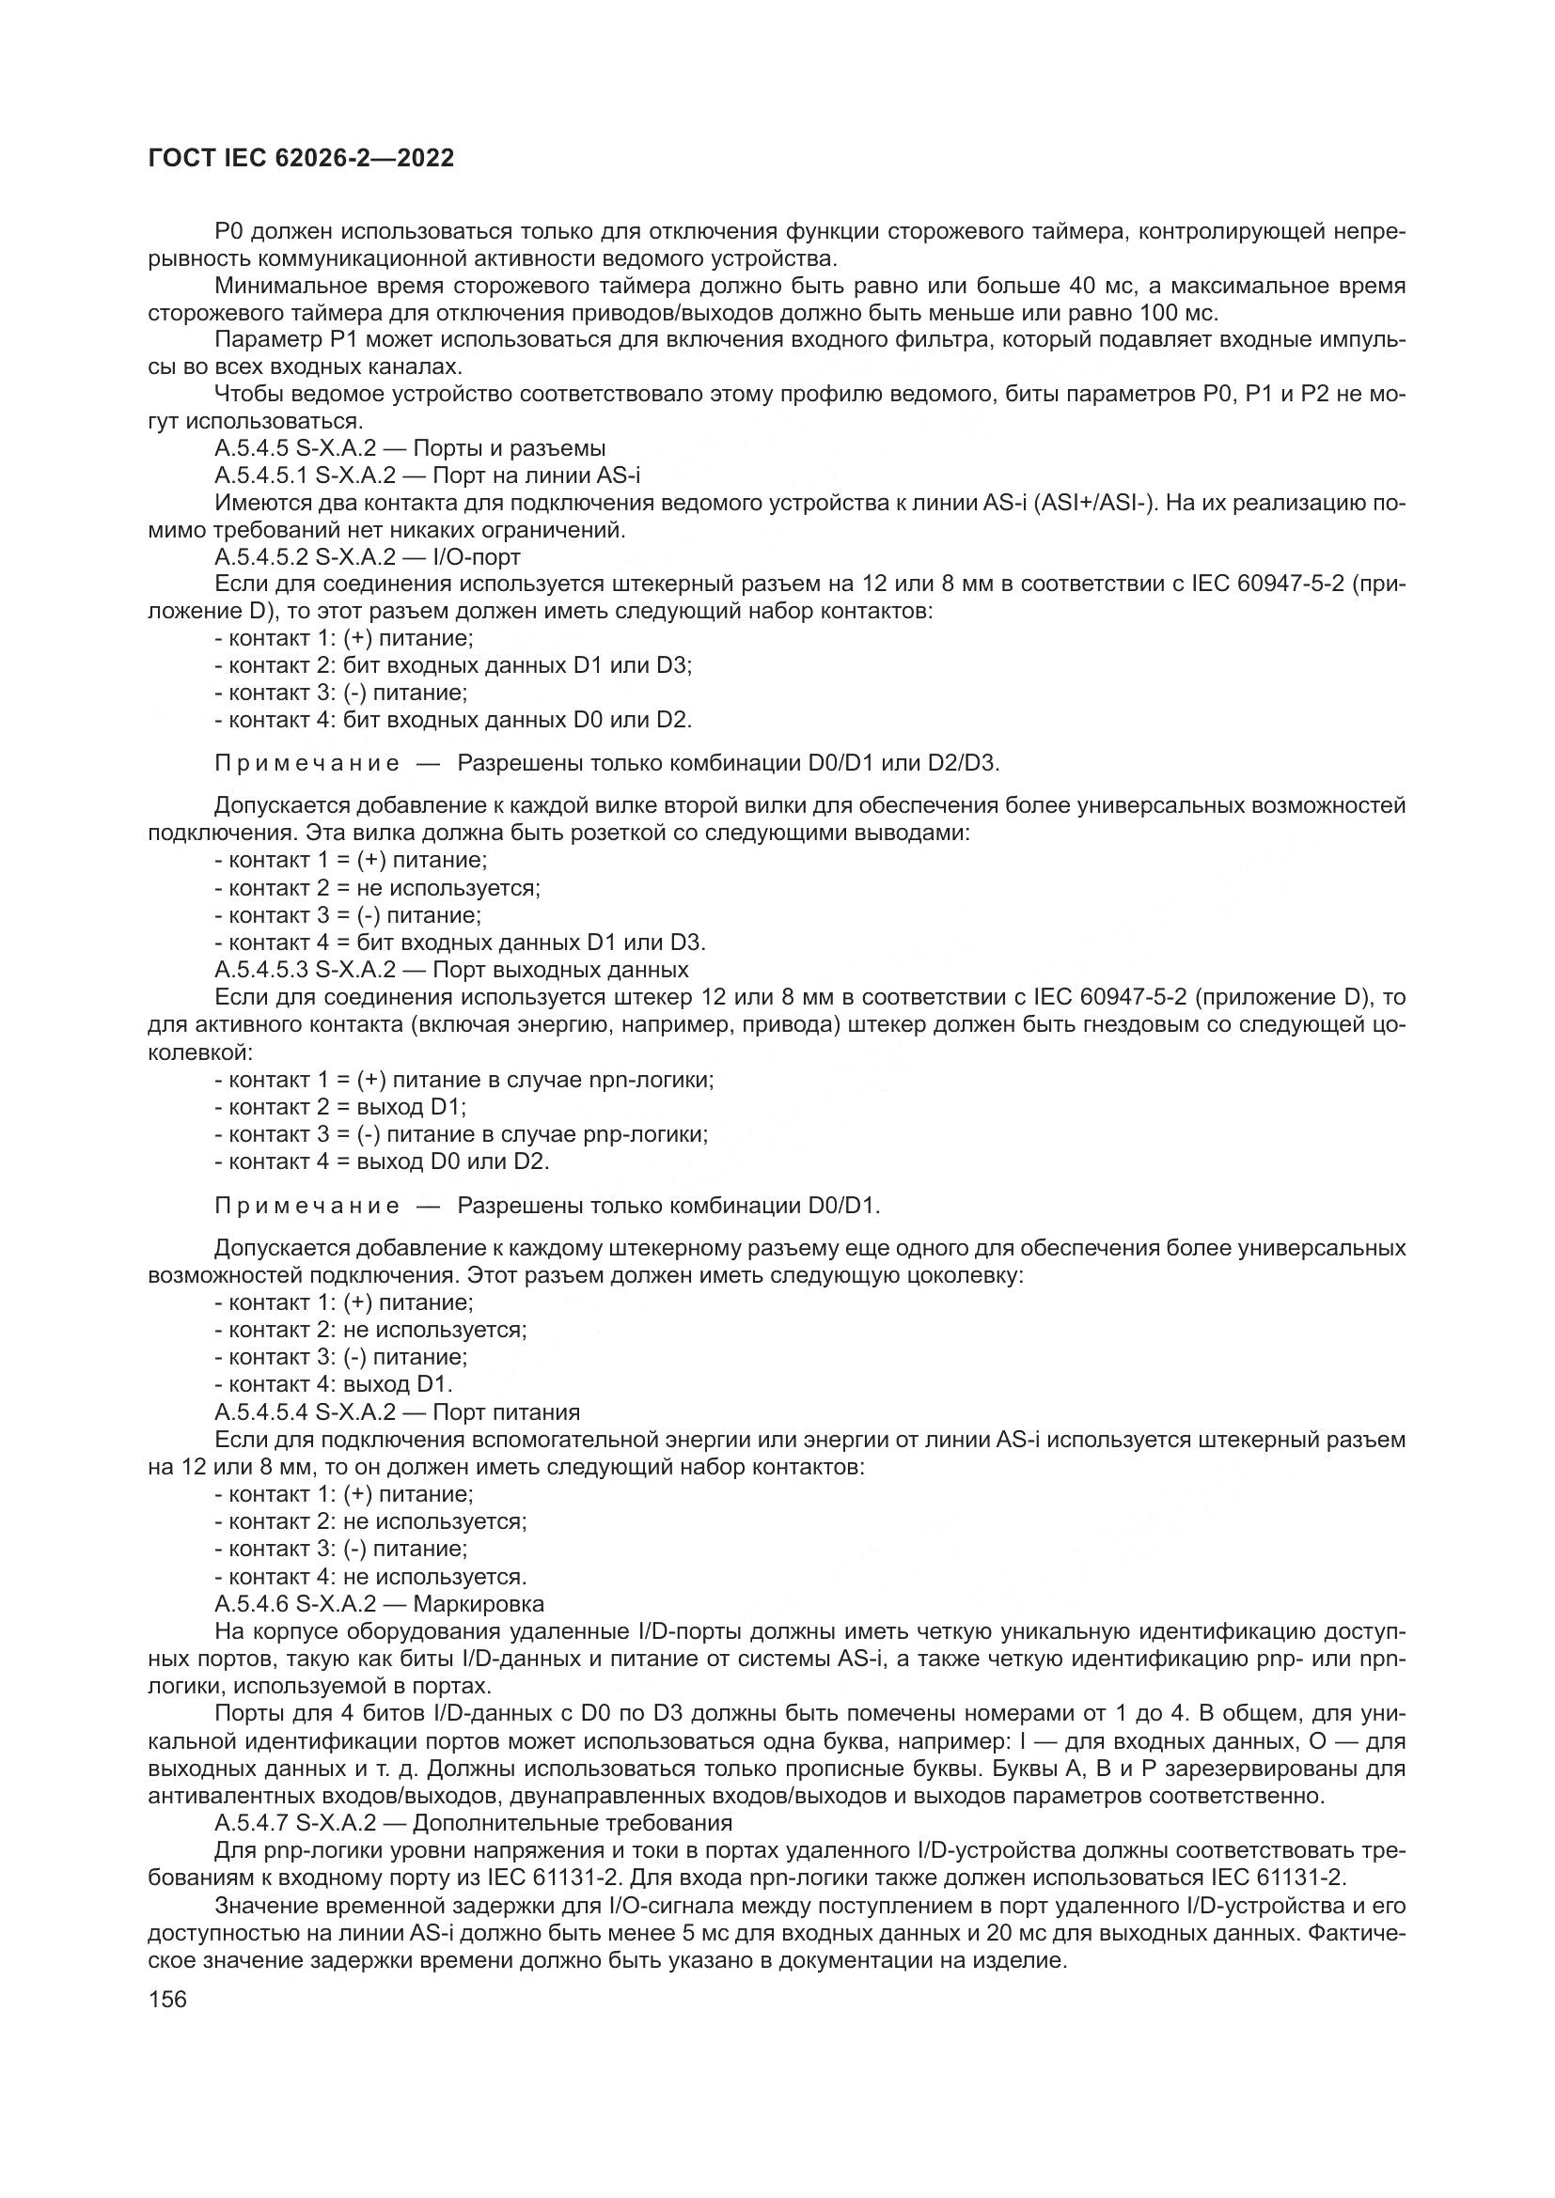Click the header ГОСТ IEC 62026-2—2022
pyautogui.click(x=301, y=159)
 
